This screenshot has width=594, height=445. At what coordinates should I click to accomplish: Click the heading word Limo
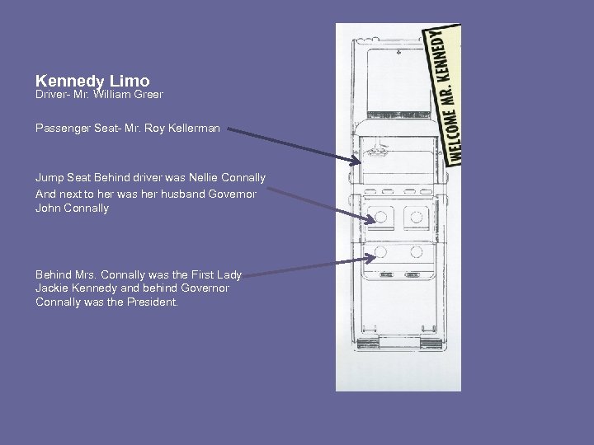coord(130,81)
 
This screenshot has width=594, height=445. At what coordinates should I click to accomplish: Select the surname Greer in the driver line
coord(148,95)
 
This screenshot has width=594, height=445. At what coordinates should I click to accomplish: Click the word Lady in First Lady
coord(229,274)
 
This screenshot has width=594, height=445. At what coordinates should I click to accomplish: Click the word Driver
coord(52,95)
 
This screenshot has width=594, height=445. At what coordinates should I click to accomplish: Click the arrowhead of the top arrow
coord(357,162)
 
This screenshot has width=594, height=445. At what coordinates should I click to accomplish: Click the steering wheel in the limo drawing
coord(380,152)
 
